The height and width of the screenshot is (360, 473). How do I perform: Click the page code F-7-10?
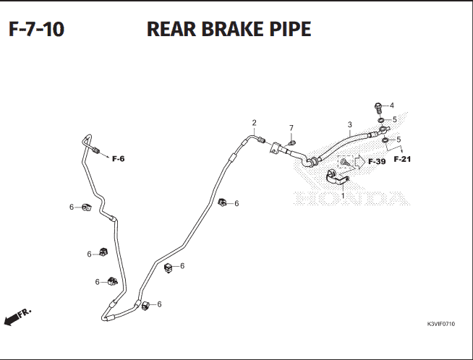click(x=36, y=29)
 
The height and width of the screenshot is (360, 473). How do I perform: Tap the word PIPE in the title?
click(x=290, y=29)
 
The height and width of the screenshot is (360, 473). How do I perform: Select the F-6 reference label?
click(x=119, y=159)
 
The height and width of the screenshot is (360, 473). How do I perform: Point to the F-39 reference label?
click(x=377, y=162)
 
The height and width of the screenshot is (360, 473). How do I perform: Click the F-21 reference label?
click(x=402, y=159)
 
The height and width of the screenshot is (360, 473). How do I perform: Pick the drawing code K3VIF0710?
click(x=440, y=324)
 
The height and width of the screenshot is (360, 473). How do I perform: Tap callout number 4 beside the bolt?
click(x=392, y=106)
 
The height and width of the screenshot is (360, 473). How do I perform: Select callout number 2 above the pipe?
click(x=255, y=123)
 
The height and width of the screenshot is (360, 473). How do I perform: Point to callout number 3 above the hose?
click(x=349, y=124)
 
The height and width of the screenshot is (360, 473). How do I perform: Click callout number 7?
click(x=291, y=128)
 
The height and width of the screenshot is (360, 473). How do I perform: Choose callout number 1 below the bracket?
click(x=343, y=196)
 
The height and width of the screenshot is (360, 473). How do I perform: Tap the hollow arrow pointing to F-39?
click(x=359, y=162)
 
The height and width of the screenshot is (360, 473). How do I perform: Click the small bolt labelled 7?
click(x=291, y=142)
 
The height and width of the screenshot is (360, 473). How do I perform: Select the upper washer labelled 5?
click(x=380, y=120)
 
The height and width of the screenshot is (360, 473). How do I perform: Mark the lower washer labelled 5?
click(x=385, y=140)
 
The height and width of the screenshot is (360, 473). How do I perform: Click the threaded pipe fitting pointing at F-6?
click(x=96, y=150)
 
